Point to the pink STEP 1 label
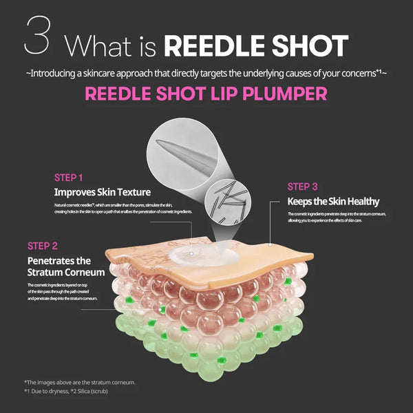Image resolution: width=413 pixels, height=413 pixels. (x=72, y=177)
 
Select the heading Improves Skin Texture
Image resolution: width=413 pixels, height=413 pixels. (x=102, y=192)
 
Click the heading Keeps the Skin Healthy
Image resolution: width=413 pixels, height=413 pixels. (x=333, y=202)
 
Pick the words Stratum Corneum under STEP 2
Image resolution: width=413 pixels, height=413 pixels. (x=66, y=272)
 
